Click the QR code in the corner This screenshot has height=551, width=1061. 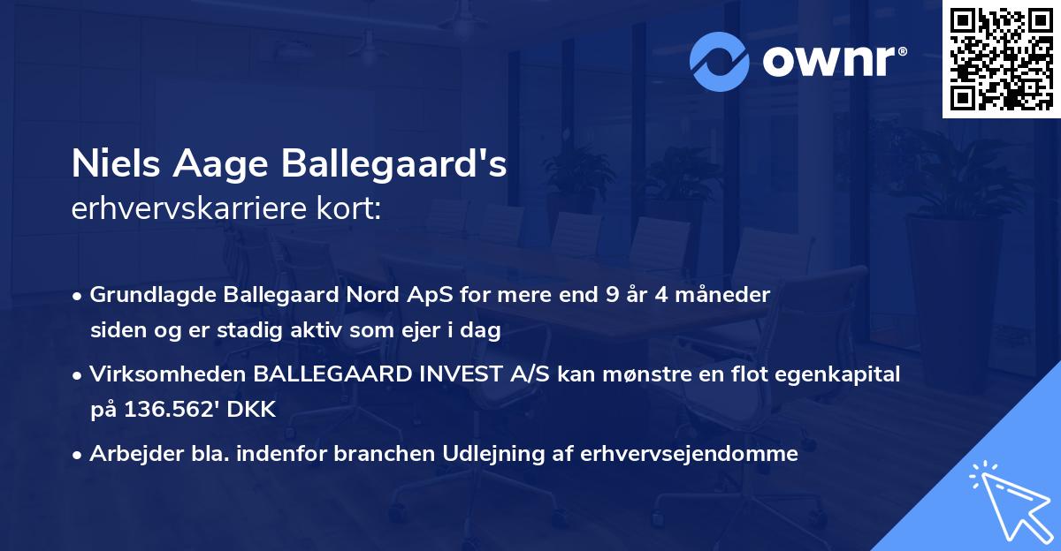click(1002, 59)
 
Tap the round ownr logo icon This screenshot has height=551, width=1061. click(720, 62)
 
